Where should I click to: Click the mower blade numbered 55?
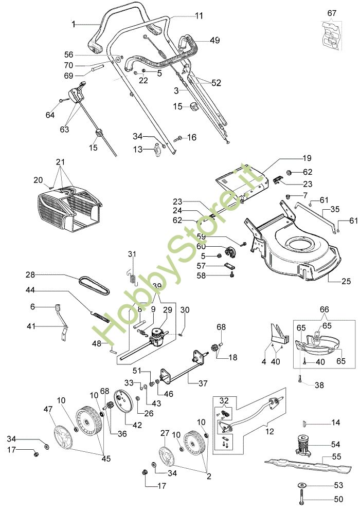[308, 466]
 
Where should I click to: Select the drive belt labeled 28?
[94, 285]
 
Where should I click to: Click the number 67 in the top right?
[332, 13]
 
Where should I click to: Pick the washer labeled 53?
[302, 485]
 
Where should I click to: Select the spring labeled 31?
[132, 274]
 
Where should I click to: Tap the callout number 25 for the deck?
[346, 281]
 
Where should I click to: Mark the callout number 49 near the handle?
[215, 40]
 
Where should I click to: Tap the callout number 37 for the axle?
[203, 383]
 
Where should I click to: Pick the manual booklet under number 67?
[331, 35]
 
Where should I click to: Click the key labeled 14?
[305, 424]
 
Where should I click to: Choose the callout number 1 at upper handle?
[74, 24]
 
